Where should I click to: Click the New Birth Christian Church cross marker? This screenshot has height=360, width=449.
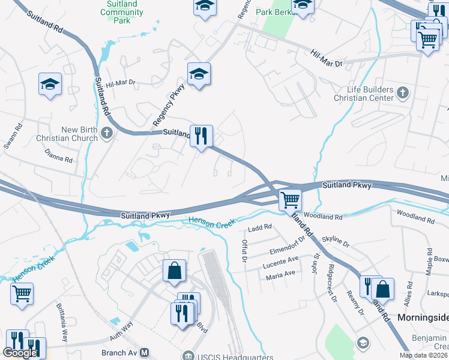(x=107, y=133)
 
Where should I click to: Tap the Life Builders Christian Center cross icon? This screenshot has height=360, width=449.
(x=403, y=92)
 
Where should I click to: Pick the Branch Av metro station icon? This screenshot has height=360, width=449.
(x=145, y=354)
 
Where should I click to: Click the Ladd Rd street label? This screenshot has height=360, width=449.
(x=260, y=228)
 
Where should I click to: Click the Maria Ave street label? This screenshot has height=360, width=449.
(x=282, y=274)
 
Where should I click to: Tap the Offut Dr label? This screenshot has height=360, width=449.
(x=244, y=251)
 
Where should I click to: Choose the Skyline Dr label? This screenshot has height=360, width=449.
(x=336, y=241)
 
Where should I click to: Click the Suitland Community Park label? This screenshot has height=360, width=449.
(x=122, y=12)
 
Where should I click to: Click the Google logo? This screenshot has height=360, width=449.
(x=20, y=353)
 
